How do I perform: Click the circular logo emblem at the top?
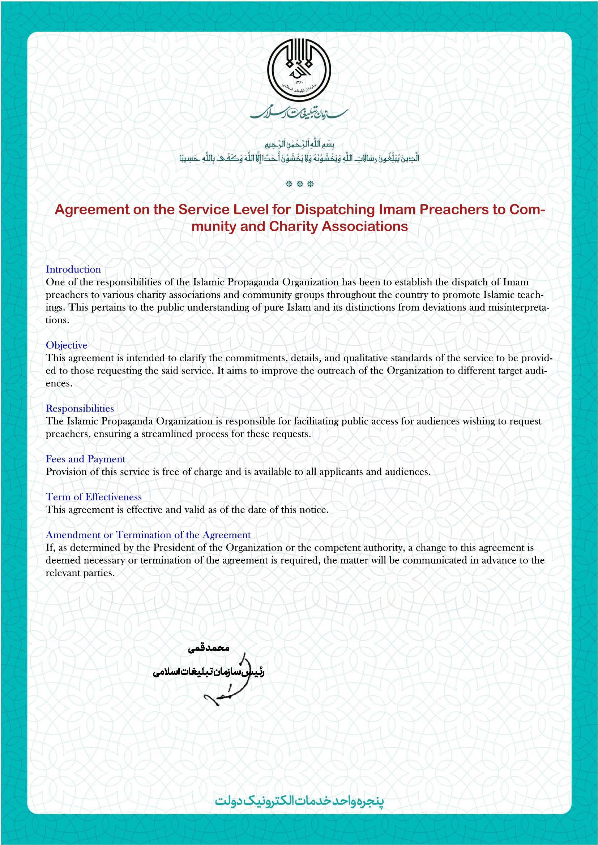click(299, 70)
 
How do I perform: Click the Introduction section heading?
click(73, 270)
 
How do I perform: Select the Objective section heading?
click(66, 345)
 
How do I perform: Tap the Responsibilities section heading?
click(80, 409)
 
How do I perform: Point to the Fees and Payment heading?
click(85, 459)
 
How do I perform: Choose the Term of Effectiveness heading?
click(94, 497)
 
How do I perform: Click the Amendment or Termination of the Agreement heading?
click(148, 535)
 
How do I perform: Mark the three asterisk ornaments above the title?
click(299, 184)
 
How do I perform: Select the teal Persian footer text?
click(299, 801)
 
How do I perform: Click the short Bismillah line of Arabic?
click(299, 143)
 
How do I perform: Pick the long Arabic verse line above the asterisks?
click(299, 158)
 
